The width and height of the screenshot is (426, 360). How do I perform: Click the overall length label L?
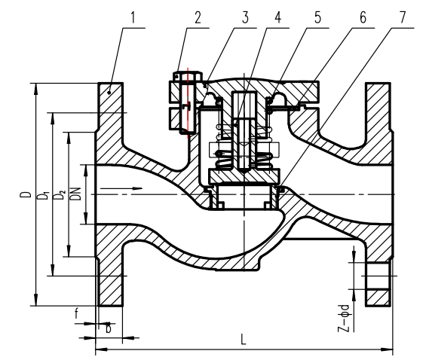(x=243, y=340)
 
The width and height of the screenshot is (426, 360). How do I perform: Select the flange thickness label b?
(x=108, y=328)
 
